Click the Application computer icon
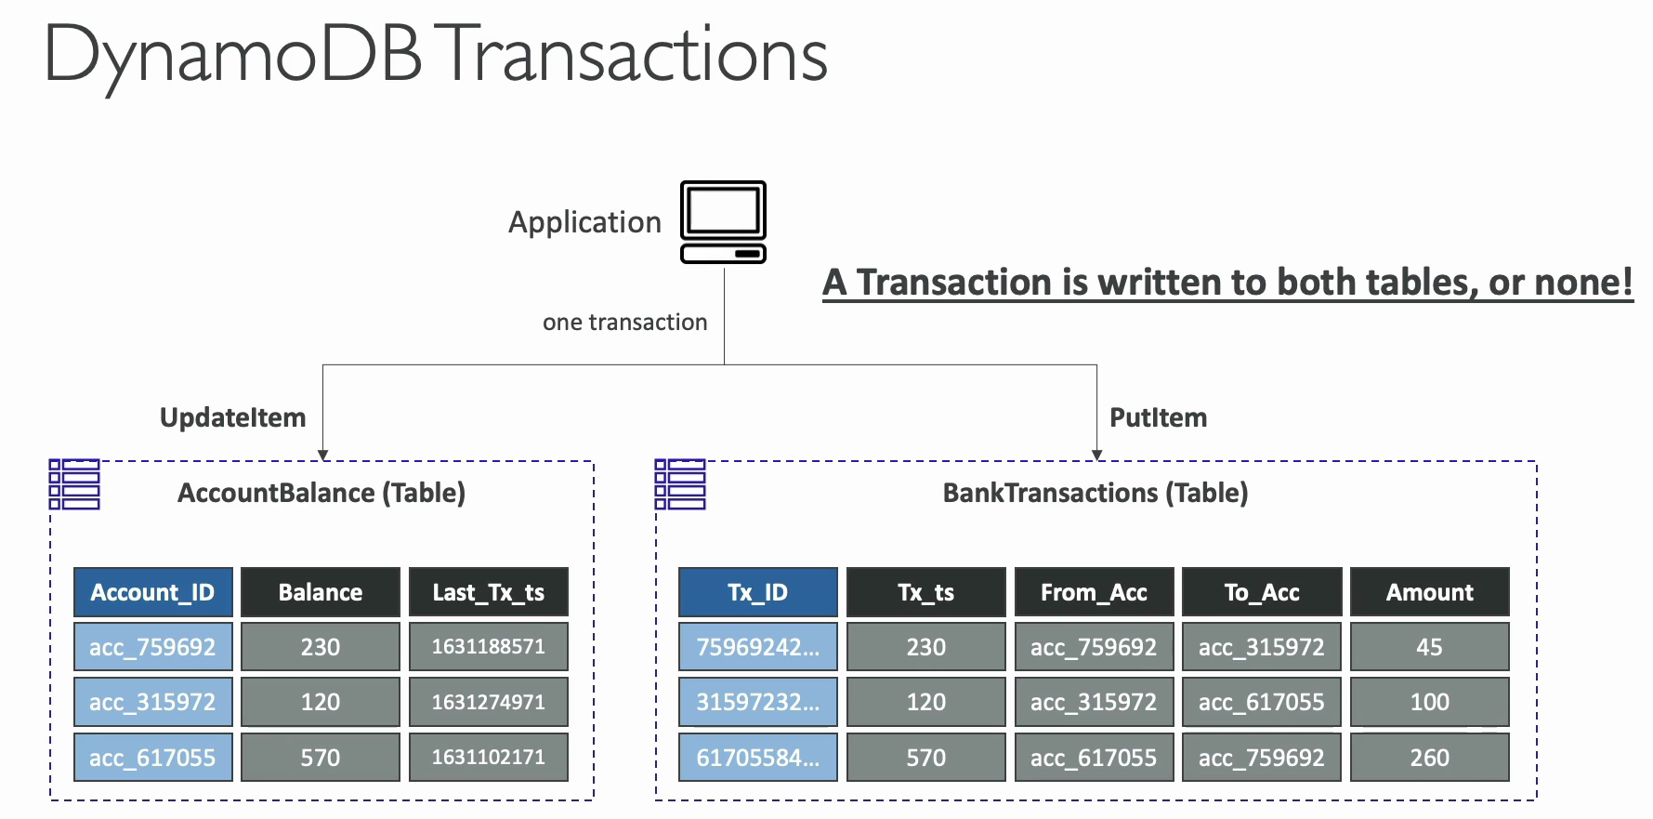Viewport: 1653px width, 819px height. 723,222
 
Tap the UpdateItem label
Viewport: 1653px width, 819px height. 232,418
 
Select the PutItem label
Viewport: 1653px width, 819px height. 1158,418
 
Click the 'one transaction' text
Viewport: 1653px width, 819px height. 624,323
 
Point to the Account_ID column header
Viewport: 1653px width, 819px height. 153,592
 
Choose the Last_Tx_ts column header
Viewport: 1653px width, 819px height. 489,592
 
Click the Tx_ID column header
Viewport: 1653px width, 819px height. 758,592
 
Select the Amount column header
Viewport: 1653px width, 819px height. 1429,592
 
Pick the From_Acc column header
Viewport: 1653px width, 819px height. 1094,592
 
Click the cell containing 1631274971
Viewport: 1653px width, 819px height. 489,702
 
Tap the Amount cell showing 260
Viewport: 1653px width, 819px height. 1429,758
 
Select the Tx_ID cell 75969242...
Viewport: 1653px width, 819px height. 758,647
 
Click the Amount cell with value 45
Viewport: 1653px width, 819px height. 1429,647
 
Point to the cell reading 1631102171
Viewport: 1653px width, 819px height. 489,758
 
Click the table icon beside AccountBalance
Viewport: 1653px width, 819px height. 74,484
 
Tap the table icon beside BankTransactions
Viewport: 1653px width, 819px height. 680,484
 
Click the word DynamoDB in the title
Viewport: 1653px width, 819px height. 232,56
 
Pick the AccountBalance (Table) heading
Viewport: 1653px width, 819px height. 321,493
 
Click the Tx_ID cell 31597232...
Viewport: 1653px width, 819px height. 758,702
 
